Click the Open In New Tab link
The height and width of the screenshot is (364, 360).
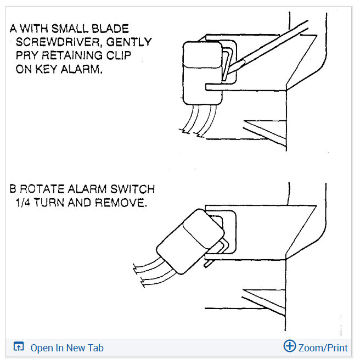pyautogui.click(x=66, y=348)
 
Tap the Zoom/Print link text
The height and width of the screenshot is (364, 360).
pyautogui.click(x=323, y=348)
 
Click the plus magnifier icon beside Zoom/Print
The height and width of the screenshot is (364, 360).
pyautogui.click(x=289, y=346)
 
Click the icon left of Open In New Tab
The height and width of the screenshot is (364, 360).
pyautogui.click(x=19, y=347)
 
